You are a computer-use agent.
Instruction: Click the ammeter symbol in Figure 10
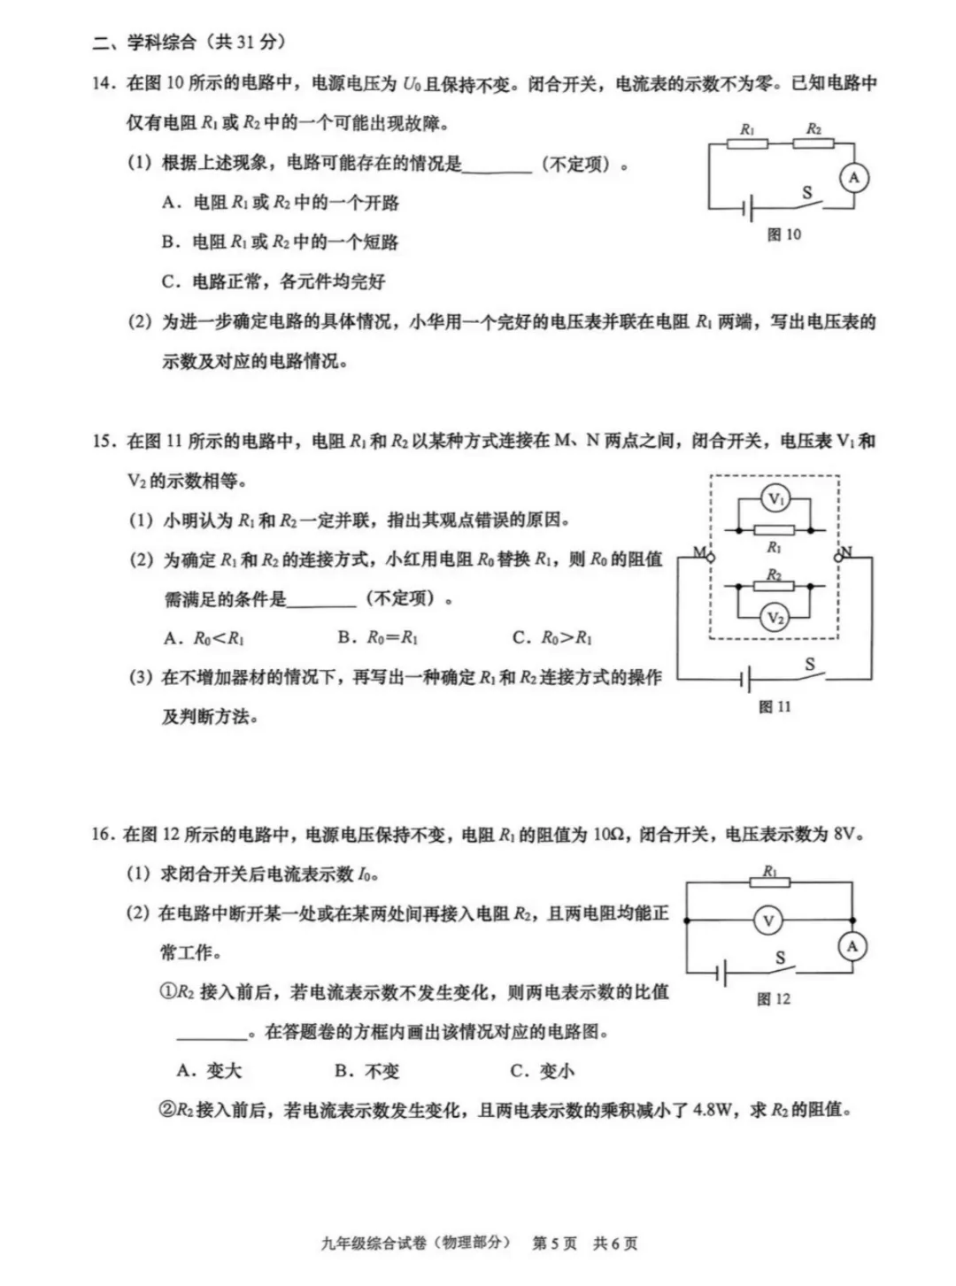853,178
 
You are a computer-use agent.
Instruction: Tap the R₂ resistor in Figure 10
813,142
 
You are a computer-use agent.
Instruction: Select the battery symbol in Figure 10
748,210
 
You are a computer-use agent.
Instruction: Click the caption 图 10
784,235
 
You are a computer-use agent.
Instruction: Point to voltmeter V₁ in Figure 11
775,499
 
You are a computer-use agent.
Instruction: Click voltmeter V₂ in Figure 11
775,618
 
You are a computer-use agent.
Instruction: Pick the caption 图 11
775,706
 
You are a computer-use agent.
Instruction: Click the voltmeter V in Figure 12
767,921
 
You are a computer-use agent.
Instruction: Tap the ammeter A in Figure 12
852,946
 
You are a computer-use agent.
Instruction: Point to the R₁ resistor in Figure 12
769,882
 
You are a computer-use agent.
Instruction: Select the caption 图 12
774,998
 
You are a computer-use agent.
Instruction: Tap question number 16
103,835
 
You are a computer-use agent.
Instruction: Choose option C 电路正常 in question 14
274,282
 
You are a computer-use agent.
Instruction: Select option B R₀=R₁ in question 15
378,637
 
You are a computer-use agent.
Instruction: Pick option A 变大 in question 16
210,1071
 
